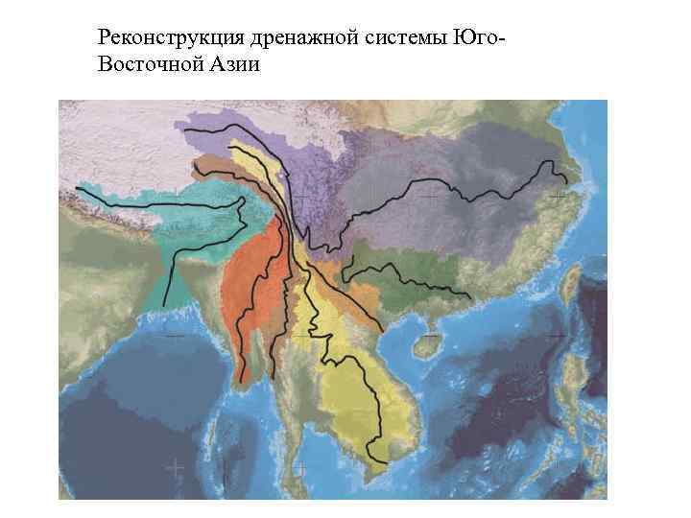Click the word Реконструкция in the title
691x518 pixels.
tap(155, 38)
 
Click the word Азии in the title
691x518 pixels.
tap(228, 63)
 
